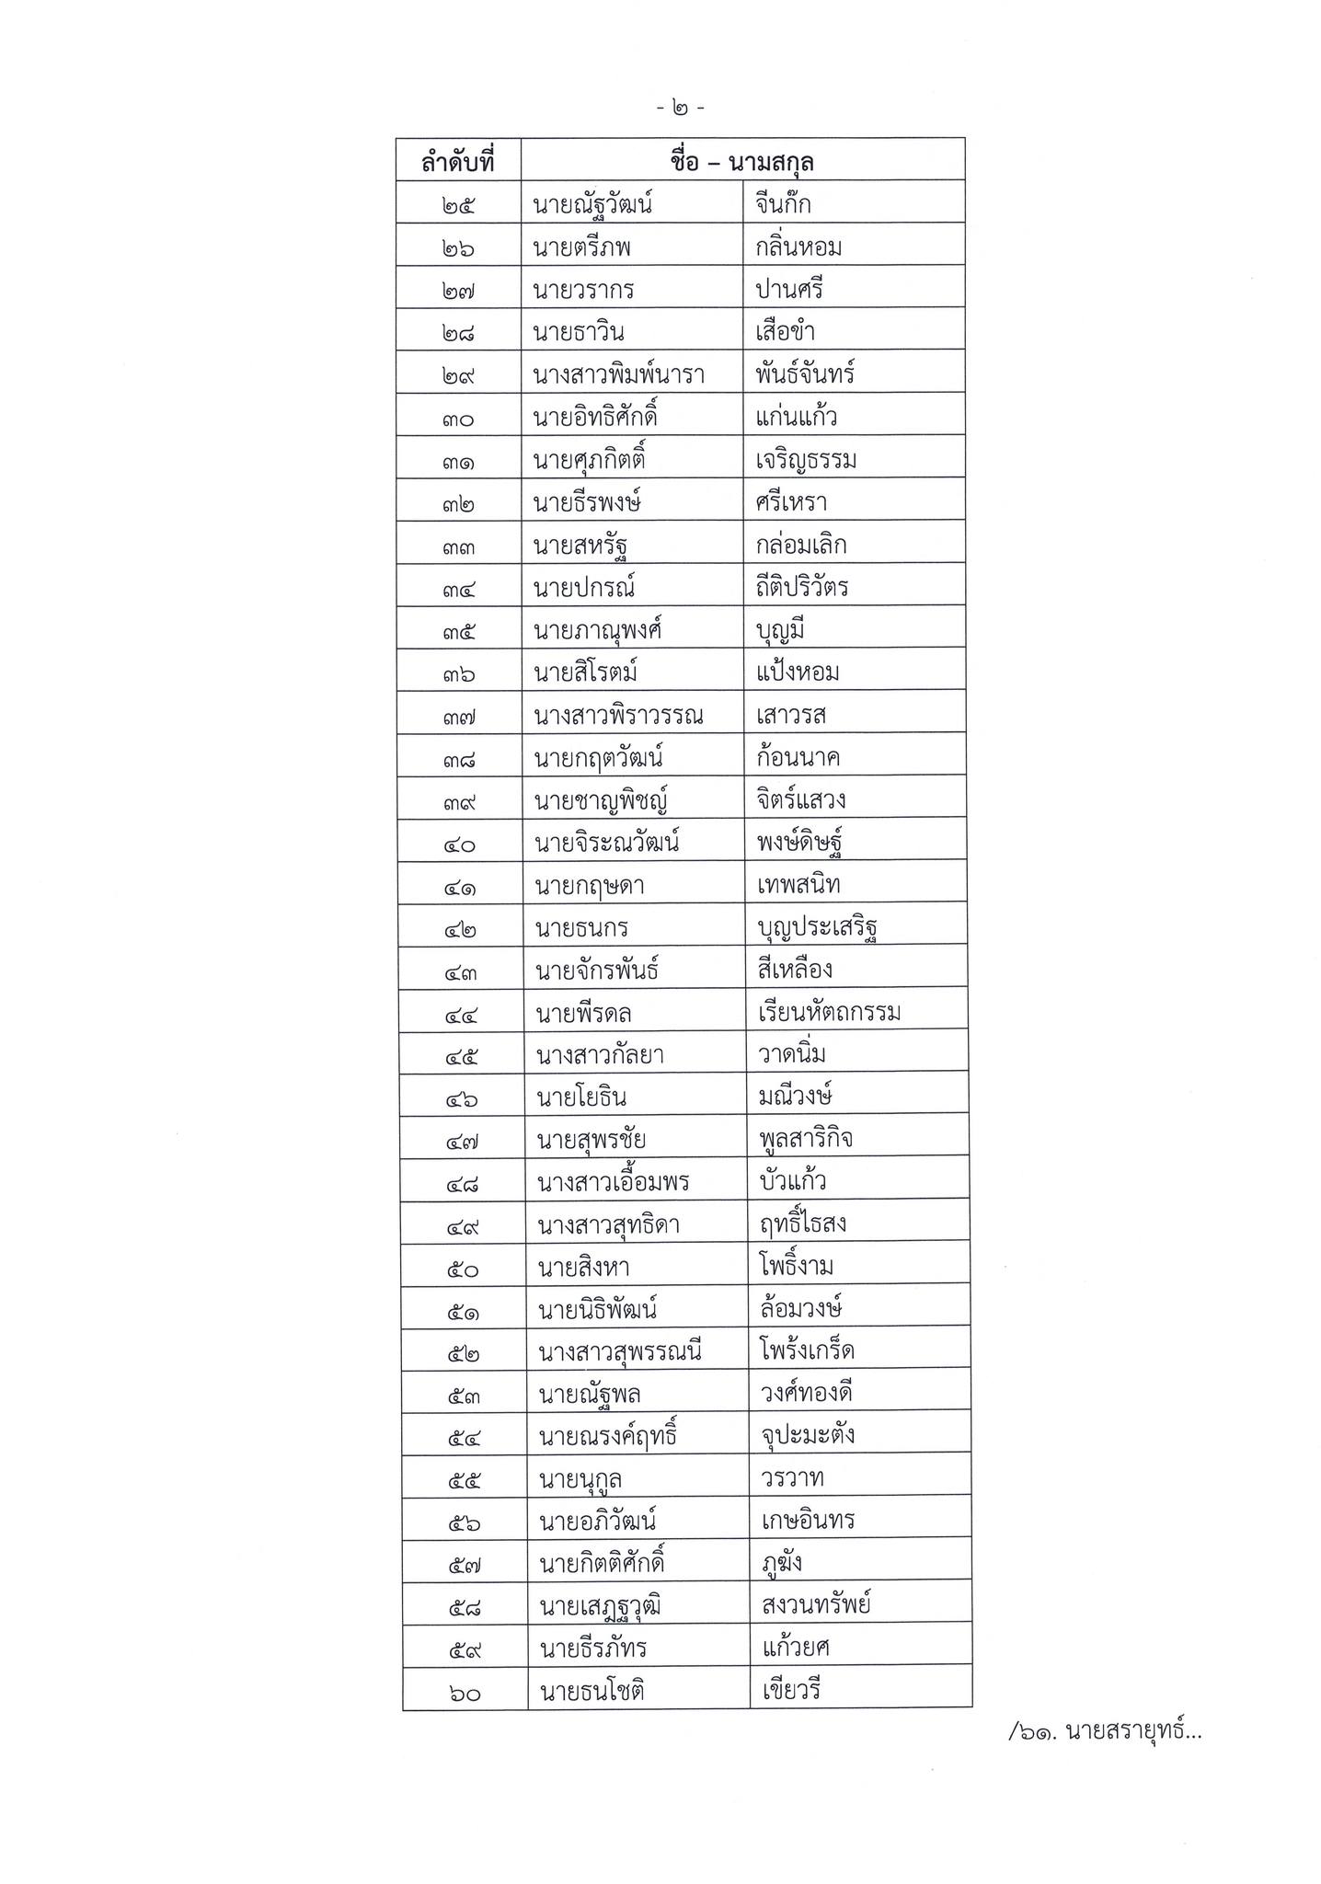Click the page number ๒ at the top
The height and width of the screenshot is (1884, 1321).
[681, 109]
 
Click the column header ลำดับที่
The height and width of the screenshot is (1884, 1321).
[457, 163]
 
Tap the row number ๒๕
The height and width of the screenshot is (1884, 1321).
[457, 205]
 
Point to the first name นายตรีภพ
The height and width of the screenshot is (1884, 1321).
[582, 248]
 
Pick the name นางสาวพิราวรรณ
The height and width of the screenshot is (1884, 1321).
[618, 716]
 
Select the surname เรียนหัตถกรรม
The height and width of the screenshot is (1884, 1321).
[829, 1014]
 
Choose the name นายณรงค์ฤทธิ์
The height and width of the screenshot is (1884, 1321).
[608, 1437]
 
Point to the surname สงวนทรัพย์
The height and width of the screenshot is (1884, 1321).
[816, 1606]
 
